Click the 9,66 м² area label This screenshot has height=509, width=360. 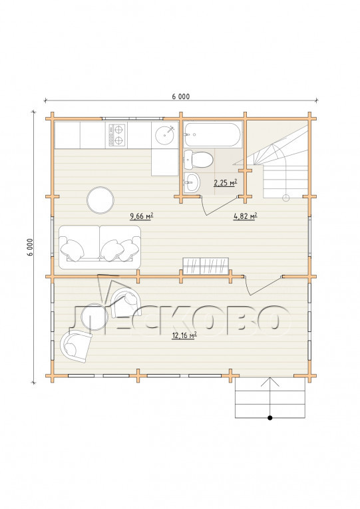pos(142,216)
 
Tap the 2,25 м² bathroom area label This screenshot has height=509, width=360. pos(225,183)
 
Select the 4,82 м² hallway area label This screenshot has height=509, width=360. pos(246,216)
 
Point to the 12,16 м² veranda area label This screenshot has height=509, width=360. pos(184,335)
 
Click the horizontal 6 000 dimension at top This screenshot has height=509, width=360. pos(181,96)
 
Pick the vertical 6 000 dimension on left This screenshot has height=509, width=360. pos(30,247)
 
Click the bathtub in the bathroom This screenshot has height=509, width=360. pos(213,134)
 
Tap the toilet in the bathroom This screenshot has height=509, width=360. pos(198,160)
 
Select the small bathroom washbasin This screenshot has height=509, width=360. pos(192,182)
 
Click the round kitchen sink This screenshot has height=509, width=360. pos(165,134)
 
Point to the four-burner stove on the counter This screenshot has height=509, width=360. pos(116,134)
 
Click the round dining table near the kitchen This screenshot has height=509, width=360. pos(100,200)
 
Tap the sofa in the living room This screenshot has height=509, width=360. pos(100,248)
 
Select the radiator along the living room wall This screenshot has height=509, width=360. pos(206,266)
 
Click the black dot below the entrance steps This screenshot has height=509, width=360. pos(270,418)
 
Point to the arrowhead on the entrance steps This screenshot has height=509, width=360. pos(270,381)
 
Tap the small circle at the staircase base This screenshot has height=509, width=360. pos(286,198)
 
